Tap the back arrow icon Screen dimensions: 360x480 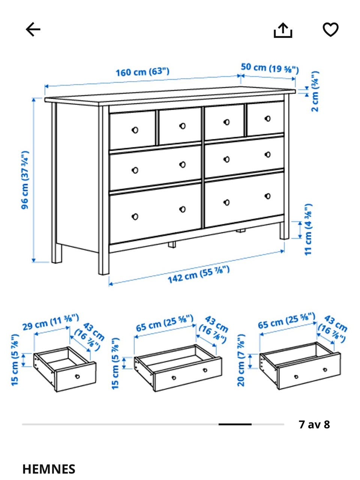pos(33,29)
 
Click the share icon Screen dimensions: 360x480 pos(283,30)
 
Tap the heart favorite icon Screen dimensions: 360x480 pos(330,29)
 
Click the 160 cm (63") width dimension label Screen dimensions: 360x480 pos(142,72)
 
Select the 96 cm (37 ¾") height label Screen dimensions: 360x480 pos(25,180)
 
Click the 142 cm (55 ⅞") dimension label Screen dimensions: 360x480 pos(198,274)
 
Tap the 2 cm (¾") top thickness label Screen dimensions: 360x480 pos(315,91)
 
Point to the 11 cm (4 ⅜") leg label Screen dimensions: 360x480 pos(308,229)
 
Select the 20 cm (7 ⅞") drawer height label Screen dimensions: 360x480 pos(241,360)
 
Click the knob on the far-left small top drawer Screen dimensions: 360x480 pos(135,130)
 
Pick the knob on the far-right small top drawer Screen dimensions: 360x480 pos(267,119)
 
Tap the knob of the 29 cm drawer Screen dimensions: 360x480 pos(77,376)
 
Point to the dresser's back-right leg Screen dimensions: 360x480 pos(284,231)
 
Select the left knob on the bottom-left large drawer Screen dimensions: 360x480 pos(135,217)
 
